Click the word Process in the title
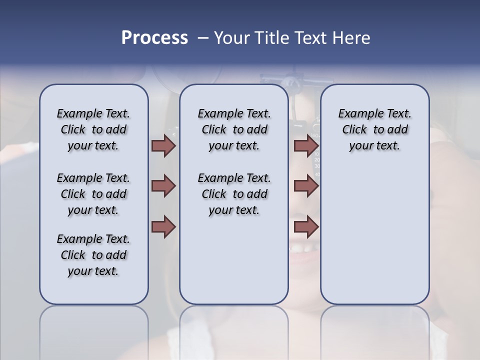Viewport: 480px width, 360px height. (154, 38)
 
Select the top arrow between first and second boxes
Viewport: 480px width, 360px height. (163, 145)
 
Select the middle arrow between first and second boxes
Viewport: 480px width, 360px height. (163, 186)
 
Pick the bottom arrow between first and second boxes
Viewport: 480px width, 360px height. (163, 227)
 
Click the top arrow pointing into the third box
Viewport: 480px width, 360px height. (306, 145)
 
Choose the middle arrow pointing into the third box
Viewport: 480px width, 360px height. (306, 186)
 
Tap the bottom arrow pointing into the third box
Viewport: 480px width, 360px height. (306, 227)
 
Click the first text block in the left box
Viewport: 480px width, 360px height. (93, 129)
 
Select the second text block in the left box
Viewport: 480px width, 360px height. (93, 194)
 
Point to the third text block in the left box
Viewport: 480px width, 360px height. (93, 255)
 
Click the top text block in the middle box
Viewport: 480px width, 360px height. (234, 129)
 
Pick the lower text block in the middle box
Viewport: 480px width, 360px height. (234, 194)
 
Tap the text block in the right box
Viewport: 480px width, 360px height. (374, 129)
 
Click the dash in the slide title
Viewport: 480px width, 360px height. (203, 38)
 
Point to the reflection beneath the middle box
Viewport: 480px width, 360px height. (234, 330)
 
